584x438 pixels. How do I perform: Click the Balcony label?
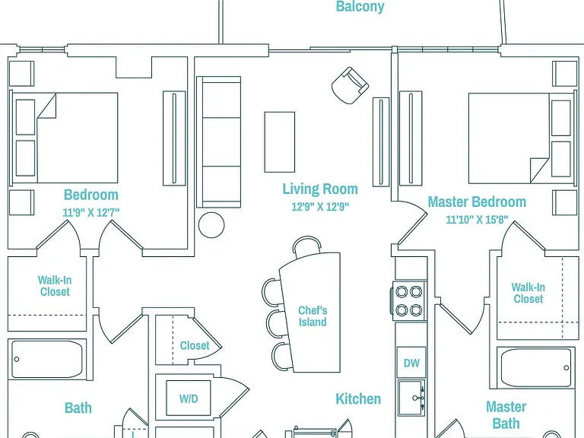click(x=360, y=6)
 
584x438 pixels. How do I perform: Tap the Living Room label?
click(x=320, y=189)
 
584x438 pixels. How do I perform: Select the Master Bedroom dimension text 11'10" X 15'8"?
click(x=477, y=219)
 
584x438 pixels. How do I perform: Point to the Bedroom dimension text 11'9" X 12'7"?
click(x=91, y=212)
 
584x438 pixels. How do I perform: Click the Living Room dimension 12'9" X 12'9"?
click(x=320, y=206)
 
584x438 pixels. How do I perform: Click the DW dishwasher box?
click(x=411, y=363)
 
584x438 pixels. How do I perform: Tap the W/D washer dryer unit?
click(x=188, y=398)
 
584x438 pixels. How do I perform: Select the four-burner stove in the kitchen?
click(x=408, y=300)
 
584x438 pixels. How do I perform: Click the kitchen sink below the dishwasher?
click(x=411, y=398)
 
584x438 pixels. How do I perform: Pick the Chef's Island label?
click(x=313, y=316)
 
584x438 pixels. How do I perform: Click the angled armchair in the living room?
click(x=350, y=85)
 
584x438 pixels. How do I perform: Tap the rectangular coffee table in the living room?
click(x=279, y=142)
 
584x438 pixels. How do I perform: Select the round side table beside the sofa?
click(x=211, y=225)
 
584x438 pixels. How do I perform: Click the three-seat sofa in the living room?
click(x=219, y=142)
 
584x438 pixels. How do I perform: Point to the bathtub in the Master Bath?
click(x=535, y=367)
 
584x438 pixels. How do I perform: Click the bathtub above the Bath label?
click(x=47, y=359)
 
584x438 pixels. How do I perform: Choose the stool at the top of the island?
click(x=306, y=246)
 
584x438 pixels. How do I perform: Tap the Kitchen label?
click(x=358, y=399)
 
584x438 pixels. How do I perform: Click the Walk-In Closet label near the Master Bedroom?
click(x=528, y=293)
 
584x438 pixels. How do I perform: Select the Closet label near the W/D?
click(x=195, y=345)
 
